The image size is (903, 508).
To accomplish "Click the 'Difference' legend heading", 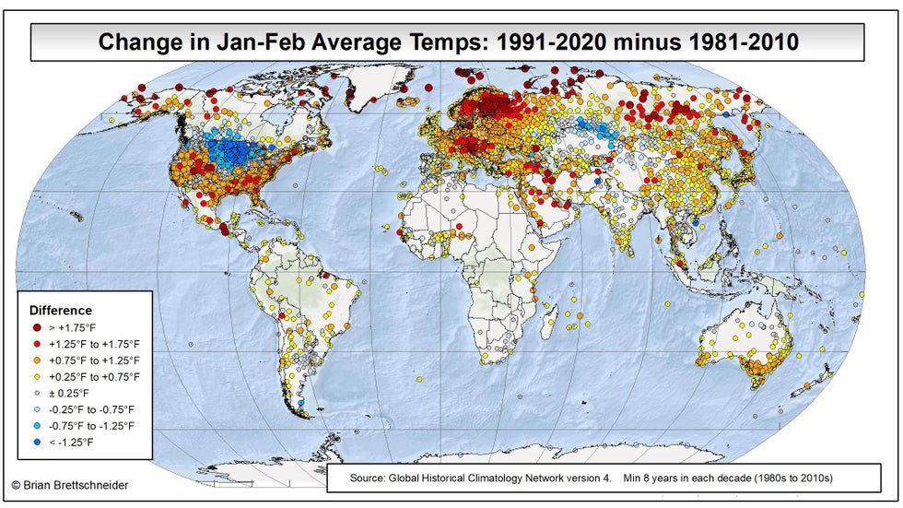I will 61,311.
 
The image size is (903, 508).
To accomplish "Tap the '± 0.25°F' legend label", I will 71,393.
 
